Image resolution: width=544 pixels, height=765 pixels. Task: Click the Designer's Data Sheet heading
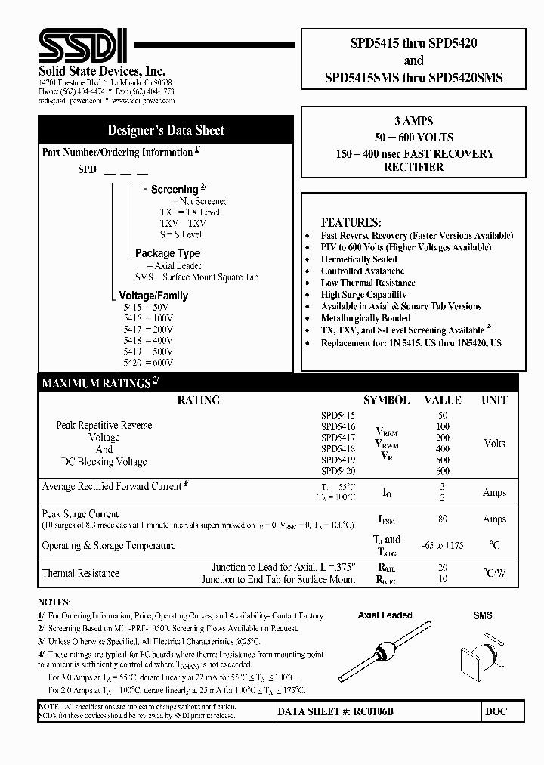(165, 130)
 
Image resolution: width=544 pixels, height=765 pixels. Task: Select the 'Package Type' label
(167, 253)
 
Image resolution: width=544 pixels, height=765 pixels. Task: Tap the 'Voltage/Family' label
(153, 296)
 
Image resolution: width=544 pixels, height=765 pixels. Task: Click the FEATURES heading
(350, 223)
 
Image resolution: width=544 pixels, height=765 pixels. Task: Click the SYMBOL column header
(387, 400)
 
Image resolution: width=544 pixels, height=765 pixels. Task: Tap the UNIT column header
(494, 400)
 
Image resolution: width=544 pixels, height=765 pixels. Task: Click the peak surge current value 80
(442, 519)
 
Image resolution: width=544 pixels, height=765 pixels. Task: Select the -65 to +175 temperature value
(443, 545)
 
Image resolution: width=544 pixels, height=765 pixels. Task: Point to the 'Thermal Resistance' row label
(80, 573)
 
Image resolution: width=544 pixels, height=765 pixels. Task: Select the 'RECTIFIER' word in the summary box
(415, 167)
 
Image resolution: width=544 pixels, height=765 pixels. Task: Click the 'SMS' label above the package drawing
(482, 615)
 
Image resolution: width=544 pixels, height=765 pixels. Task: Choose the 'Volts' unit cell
(494, 443)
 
